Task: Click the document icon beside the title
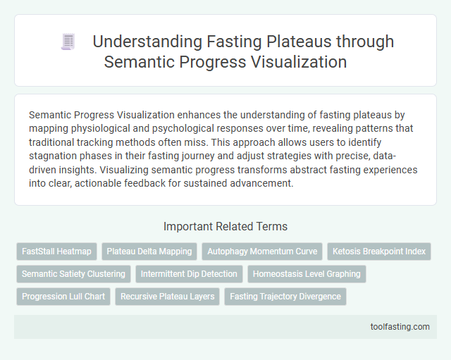click(68, 42)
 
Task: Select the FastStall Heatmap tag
click(56, 252)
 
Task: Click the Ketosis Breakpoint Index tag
click(378, 252)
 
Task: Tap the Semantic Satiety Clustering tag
click(73, 274)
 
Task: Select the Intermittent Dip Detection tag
click(189, 274)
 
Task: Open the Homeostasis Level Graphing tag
click(307, 274)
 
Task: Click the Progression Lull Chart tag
click(63, 297)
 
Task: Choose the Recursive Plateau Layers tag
click(167, 297)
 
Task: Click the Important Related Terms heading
click(225, 227)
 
